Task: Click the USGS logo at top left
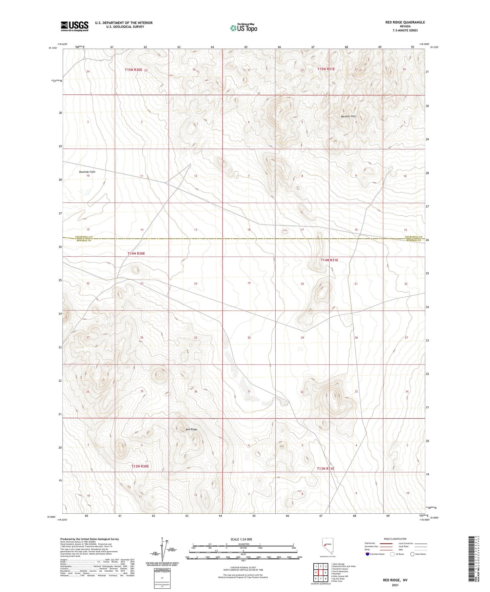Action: click(x=75, y=26)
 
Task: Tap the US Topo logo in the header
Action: click(x=243, y=28)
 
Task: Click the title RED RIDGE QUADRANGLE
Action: click(x=405, y=22)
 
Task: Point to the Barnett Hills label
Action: click(x=348, y=116)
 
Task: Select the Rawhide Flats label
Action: click(x=87, y=172)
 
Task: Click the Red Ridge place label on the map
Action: click(x=191, y=429)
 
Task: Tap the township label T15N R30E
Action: click(x=133, y=70)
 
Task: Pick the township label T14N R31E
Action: click(x=329, y=260)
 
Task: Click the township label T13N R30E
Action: click(x=140, y=466)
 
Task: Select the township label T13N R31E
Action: click(x=326, y=469)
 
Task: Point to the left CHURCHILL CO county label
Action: click(x=83, y=237)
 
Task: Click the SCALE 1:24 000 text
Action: click(x=241, y=539)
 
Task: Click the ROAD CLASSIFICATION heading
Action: click(x=395, y=539)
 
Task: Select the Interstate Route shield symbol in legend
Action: click(x=368, y=554)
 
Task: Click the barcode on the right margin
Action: click(x=472, y=558)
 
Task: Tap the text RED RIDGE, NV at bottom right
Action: click(x=395, y=580)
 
